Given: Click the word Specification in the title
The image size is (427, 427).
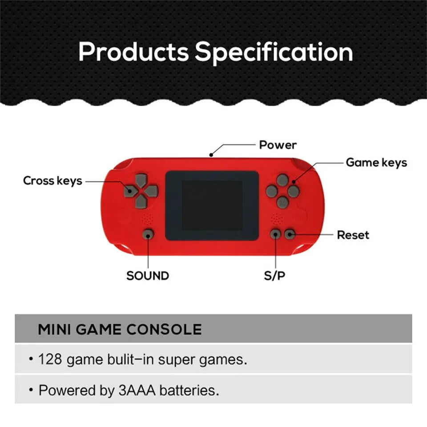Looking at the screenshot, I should [x=274, y=52].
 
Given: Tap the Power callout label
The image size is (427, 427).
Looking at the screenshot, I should [x=278, y=145].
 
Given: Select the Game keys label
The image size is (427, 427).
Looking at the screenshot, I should [x=376, y=163].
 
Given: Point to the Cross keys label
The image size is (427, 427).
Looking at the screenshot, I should [x=52, y=181].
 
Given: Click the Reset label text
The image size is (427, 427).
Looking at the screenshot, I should [x=353, y=235].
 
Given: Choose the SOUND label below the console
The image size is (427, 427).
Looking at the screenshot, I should [x=147, y=276].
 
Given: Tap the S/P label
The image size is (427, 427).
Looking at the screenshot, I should [x=274, y=276].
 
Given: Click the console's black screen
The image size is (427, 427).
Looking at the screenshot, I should [x=212, y=205].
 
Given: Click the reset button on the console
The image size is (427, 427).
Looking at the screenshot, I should [x=290, y=234].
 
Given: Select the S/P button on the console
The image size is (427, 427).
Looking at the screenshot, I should [x=276, y=234].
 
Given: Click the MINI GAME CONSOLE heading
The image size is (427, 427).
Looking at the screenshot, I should [x=120, y=330].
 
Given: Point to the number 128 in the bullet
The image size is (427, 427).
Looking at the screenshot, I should [x=50, y=359].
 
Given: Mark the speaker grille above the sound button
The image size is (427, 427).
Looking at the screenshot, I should [x=147, y=219].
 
